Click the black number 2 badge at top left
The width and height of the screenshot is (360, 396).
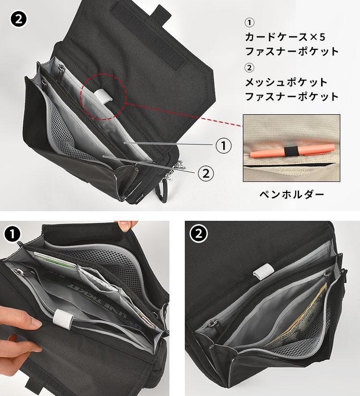pos(19,19)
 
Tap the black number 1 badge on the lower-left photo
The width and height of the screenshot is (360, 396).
pos(12,234)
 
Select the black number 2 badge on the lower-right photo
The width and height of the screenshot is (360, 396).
pos(199,234)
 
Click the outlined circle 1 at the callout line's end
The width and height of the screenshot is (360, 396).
pos(224,145)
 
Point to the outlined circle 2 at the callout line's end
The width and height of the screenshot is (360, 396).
pos(206,173)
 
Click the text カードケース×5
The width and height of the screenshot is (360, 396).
pos(285,37)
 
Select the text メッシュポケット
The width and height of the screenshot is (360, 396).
pos(286,83)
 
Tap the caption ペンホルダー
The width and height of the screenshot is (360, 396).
pos(292,194)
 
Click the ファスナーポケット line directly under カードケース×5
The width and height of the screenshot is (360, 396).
pos(292,51)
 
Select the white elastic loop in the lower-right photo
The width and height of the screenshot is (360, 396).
pos(264,271)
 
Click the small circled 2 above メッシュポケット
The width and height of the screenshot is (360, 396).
pos(249,68)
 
